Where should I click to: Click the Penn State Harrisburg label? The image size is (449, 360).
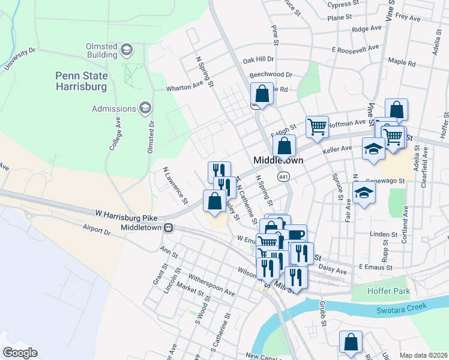click(x=81, y=81)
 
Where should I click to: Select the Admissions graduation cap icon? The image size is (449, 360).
click(x=145, y=108)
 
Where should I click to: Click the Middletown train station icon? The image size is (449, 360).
click(x=170, y=228)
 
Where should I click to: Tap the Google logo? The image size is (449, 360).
click(x=20, y=353)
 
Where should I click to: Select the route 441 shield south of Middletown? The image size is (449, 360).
click(x=284, y=177)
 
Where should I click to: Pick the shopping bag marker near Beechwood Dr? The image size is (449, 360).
click(x=262, y=94)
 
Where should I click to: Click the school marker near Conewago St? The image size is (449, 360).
click(x=364, y=194)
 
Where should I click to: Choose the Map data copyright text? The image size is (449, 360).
click(x=423, y=355)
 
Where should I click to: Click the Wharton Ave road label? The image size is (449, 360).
click(x=185, y=88)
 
